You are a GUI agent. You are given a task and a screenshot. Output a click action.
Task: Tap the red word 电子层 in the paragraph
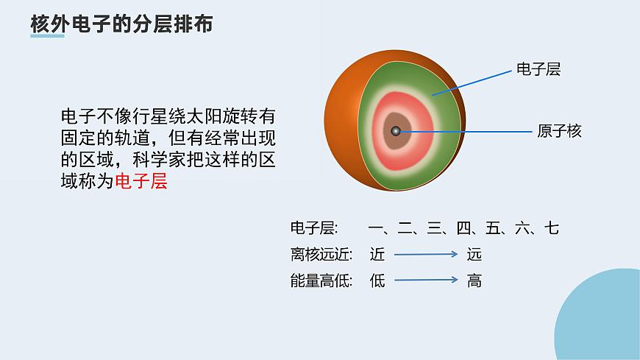141,181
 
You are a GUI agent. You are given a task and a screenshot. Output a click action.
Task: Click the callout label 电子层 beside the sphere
538,69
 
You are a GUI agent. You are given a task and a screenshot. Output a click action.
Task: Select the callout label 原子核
559,132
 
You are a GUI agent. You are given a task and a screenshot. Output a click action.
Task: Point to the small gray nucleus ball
395,131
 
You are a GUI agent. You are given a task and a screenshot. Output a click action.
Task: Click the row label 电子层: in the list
313,228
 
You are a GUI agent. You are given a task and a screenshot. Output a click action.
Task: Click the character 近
377,255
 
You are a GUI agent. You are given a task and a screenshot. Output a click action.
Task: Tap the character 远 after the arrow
474,255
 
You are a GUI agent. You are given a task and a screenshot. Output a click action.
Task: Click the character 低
377,280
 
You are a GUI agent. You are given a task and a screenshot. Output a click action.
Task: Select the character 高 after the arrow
474,280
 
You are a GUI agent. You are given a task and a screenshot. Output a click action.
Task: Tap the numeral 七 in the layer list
551,228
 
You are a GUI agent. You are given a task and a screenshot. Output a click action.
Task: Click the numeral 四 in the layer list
463,228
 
